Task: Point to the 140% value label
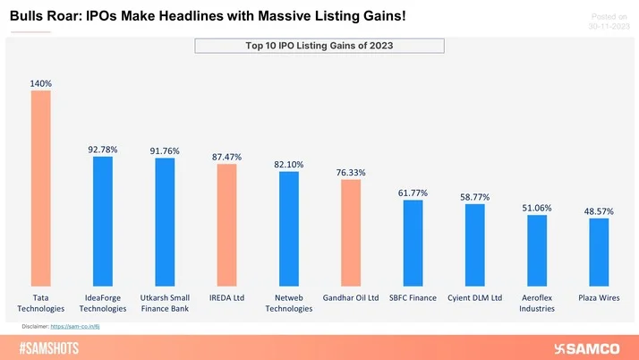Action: [41, 83]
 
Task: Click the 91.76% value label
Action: [165, 150]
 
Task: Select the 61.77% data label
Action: [413, 193]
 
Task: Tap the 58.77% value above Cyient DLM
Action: [474, 197]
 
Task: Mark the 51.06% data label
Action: [537, 208]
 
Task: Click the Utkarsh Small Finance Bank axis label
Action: [165, 303]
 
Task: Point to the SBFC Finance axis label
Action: [413, 297]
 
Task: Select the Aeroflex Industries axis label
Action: [537, 303]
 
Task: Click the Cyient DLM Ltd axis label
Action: [474, 297]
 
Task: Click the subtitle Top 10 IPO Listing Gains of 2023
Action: [319, 46]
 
